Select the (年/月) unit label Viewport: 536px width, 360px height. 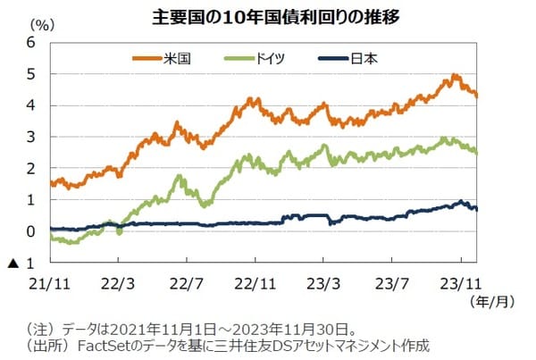[x=492, y=302]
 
